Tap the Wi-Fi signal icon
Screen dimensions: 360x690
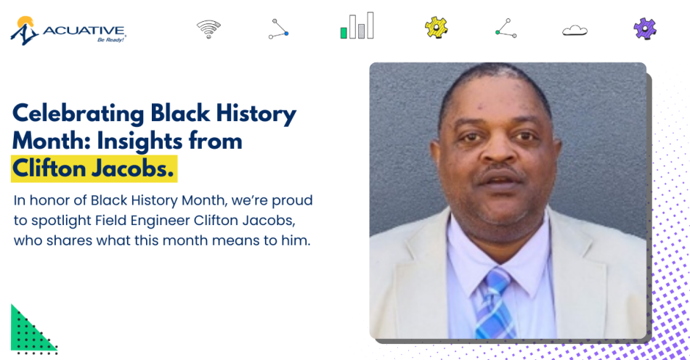click(208, 29)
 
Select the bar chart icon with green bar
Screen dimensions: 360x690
click(357, 27)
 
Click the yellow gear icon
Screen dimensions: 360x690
click(436, 28)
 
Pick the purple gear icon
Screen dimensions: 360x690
click(644, 28)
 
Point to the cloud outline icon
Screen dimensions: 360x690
click(575, 30)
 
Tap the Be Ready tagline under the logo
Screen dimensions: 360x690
click(111, 41)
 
